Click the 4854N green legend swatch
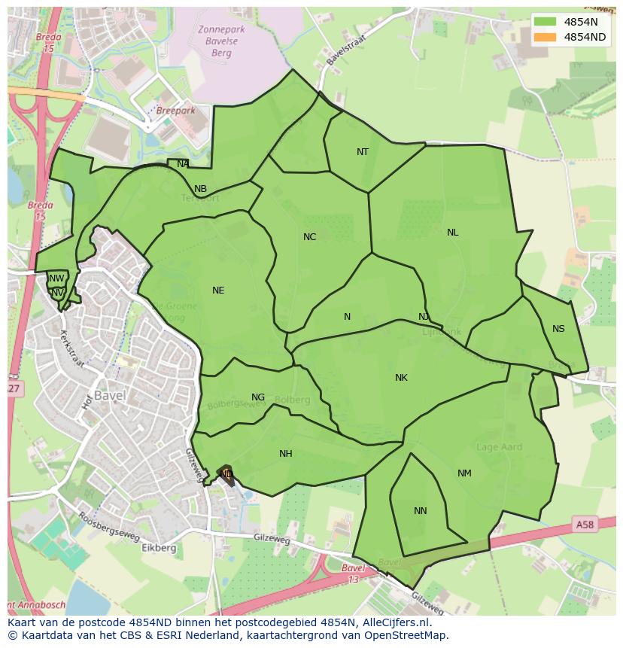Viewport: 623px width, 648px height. [546, 22]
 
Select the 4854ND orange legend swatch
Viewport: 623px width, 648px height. [546, 37]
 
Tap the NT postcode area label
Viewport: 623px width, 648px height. [363, 152]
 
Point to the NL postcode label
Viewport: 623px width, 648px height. [452, 233]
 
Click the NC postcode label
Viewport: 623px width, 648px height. [309, 237]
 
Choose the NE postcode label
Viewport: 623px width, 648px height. [218, 291]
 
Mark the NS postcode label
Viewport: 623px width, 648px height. [558, 329]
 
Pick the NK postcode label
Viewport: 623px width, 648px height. [401, 378]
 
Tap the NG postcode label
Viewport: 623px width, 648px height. [258, 397]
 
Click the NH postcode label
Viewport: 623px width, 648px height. [285, 454]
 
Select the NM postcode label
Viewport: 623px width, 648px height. [464, 473]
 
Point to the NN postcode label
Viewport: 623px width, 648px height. [420, 511]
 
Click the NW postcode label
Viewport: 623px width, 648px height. [56, 278]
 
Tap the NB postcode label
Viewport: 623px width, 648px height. [200, 189]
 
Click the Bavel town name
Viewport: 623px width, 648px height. [109, 396]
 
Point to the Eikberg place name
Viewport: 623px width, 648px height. [159, 548]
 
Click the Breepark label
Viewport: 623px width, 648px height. [175, 111]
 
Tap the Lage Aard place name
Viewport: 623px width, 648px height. [500, 447]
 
